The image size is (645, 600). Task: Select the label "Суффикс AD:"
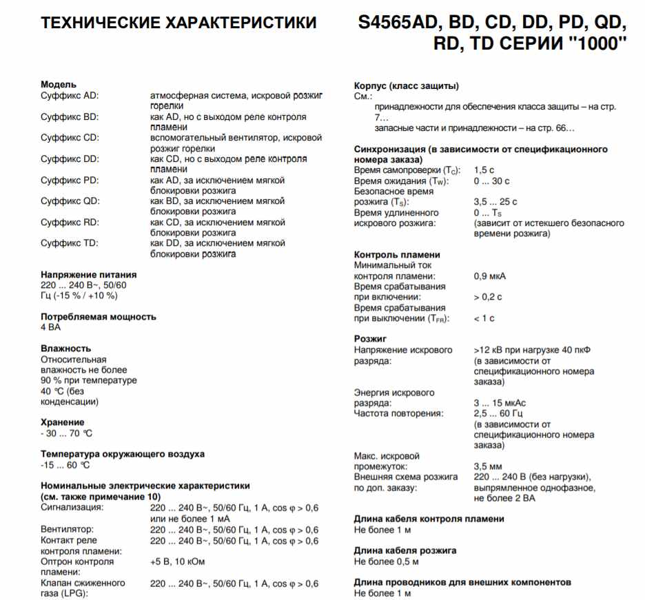pos(70,96)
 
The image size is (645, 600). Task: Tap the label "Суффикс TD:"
pos(70,243)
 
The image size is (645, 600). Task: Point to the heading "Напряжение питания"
pos(89,274)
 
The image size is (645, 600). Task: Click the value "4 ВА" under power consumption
pos(51,327)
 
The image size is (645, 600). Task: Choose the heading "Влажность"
pos(65,349)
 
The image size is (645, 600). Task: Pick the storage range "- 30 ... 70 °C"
pos(66,433)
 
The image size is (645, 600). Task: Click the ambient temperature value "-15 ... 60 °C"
pos(65,465)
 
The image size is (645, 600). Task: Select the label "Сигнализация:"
pos(72,508)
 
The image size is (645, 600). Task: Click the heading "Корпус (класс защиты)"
pos(407,85)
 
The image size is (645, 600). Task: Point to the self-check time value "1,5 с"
pos(484,170)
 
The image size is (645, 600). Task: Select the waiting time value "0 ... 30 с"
pos(492,180)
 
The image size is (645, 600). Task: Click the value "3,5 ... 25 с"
pos(495,202)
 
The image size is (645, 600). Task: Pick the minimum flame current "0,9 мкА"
pos(489,276)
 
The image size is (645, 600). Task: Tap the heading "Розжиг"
pos(371,339)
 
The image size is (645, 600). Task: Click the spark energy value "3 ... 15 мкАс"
pos(500,403)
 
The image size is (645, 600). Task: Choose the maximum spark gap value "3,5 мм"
pos(489,466)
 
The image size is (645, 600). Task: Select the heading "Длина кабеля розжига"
pos(405,550)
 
